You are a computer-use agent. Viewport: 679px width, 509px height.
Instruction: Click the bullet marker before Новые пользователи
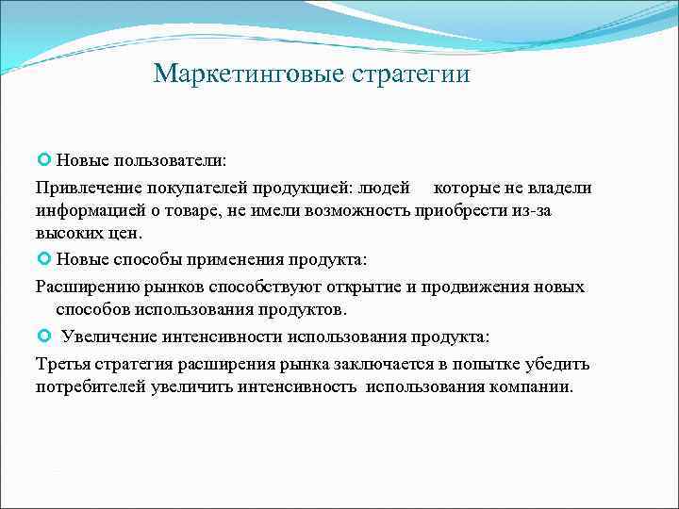[43, 161]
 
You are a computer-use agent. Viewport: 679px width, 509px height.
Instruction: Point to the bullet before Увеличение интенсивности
[43, 337]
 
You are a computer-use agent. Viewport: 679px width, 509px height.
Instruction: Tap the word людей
[386, 187]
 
